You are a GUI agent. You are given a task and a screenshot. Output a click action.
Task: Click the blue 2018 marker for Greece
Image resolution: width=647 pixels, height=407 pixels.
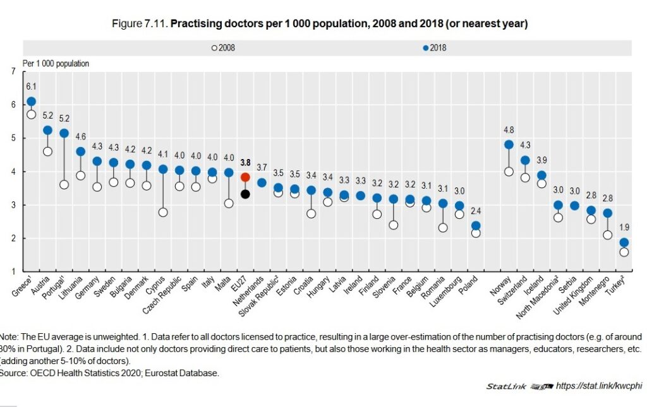pos(32,102)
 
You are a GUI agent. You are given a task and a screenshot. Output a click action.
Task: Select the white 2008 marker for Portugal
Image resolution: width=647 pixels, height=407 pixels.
pos(64,185)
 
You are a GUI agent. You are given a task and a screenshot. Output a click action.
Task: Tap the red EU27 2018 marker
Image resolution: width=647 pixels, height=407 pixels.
pos(245,178)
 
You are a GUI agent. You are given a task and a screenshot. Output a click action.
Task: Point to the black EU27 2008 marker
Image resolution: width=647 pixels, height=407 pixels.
pos(245,194)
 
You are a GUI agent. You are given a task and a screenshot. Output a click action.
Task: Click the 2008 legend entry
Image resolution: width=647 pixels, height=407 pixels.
pos(223,48)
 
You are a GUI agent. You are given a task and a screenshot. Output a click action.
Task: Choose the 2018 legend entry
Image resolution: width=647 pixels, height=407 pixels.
pos(435,48)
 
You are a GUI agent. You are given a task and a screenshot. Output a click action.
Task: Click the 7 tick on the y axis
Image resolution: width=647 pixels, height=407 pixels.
pos(14,71)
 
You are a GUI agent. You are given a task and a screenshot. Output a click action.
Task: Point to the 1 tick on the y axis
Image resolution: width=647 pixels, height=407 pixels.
pos(14,271)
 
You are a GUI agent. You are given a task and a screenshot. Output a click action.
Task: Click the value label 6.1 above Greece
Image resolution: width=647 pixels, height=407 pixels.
pos(32,86)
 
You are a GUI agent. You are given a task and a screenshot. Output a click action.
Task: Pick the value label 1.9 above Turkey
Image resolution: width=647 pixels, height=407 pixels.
pos(624,227)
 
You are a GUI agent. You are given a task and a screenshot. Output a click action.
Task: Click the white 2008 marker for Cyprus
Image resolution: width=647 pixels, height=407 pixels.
pos(163,212)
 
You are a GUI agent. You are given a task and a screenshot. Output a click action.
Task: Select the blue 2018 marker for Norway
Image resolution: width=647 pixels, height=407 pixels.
pos(509,145)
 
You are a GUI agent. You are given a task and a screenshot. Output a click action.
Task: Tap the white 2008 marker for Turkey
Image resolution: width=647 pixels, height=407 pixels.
pos(624,252)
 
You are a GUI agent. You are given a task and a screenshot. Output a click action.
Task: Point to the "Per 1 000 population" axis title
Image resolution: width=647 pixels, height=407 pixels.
pos(56,63)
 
